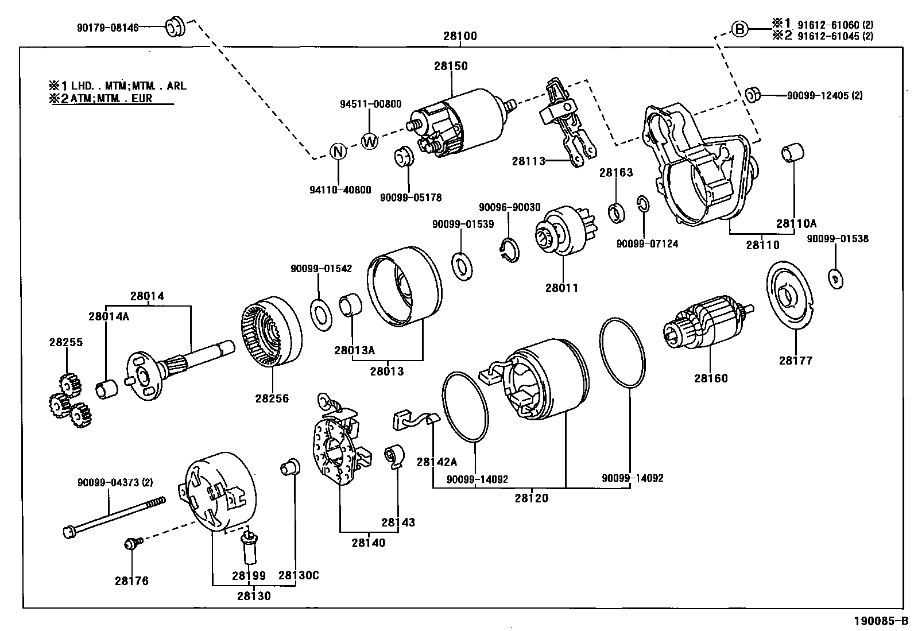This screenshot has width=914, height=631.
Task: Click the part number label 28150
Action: tap(451, 66)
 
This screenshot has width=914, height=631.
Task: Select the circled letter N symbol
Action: tap(339, 152)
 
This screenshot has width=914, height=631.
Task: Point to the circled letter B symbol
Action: tap(740, 28)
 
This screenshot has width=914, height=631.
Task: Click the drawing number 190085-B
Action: tap(881, 621)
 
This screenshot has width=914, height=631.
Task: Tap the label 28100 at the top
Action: tap(460, 36)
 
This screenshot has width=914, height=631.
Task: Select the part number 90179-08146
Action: tap(107, 27)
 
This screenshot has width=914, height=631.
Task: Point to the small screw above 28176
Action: tap(130, 543)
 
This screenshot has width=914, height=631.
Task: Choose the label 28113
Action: tap(528, 161)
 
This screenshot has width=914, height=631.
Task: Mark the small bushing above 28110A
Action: tap(793, 153)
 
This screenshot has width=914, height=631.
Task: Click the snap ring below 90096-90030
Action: tap(508, 251)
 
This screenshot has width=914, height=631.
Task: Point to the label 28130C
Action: tap(298, 575)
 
